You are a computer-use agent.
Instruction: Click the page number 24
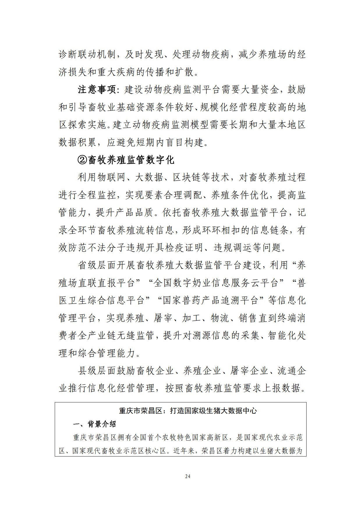(x=187, y=476)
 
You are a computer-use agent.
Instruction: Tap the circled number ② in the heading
(x=82, y=160)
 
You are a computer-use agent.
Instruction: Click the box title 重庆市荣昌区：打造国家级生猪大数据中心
(x=188, y=411)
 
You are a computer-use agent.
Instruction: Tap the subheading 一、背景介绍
(x=94, y=424)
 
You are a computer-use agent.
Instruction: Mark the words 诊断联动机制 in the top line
(x=87, y=55)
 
